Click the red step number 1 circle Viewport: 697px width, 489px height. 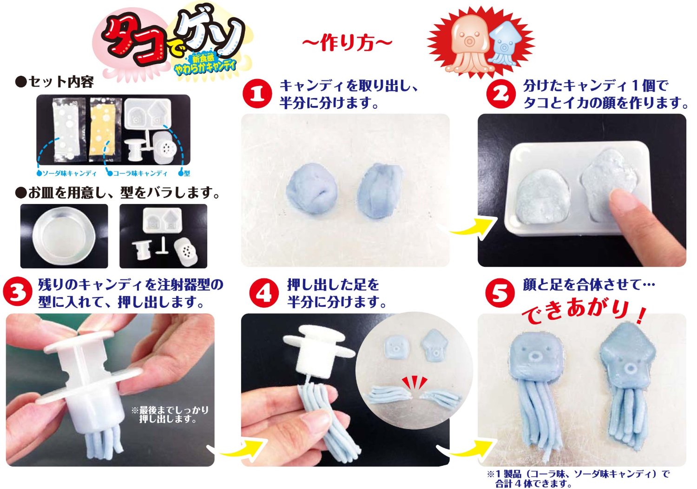pyautogui.click(x=257, y=94)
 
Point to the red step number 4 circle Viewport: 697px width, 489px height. pyautogui.click(x=264, y=293)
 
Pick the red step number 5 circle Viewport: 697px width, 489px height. pyautogui.click(x=500, y=293)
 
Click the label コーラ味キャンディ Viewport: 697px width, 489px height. pyautogui.click(x=140, y=173)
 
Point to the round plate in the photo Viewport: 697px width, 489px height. pyautogui.click(x=64, y=236)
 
